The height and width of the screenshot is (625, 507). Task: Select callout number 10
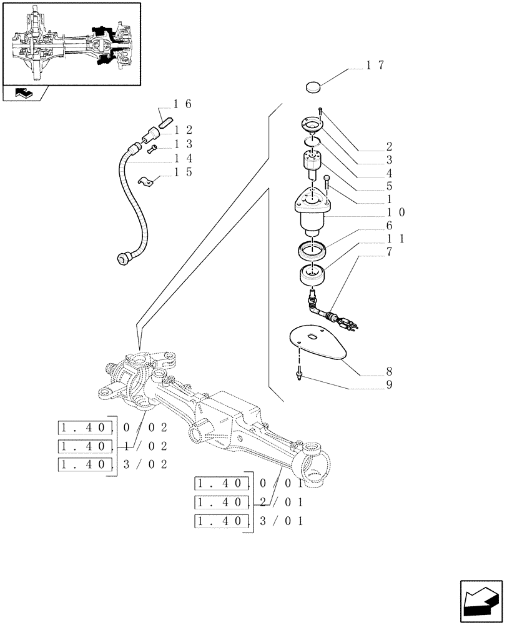coord(395,212)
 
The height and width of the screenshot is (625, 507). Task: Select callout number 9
coord(389,385)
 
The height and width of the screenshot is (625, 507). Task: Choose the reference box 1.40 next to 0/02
coord(85,428)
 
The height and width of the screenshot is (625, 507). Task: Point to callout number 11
coord(395,239)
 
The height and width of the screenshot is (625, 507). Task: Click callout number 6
coord(389,225)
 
